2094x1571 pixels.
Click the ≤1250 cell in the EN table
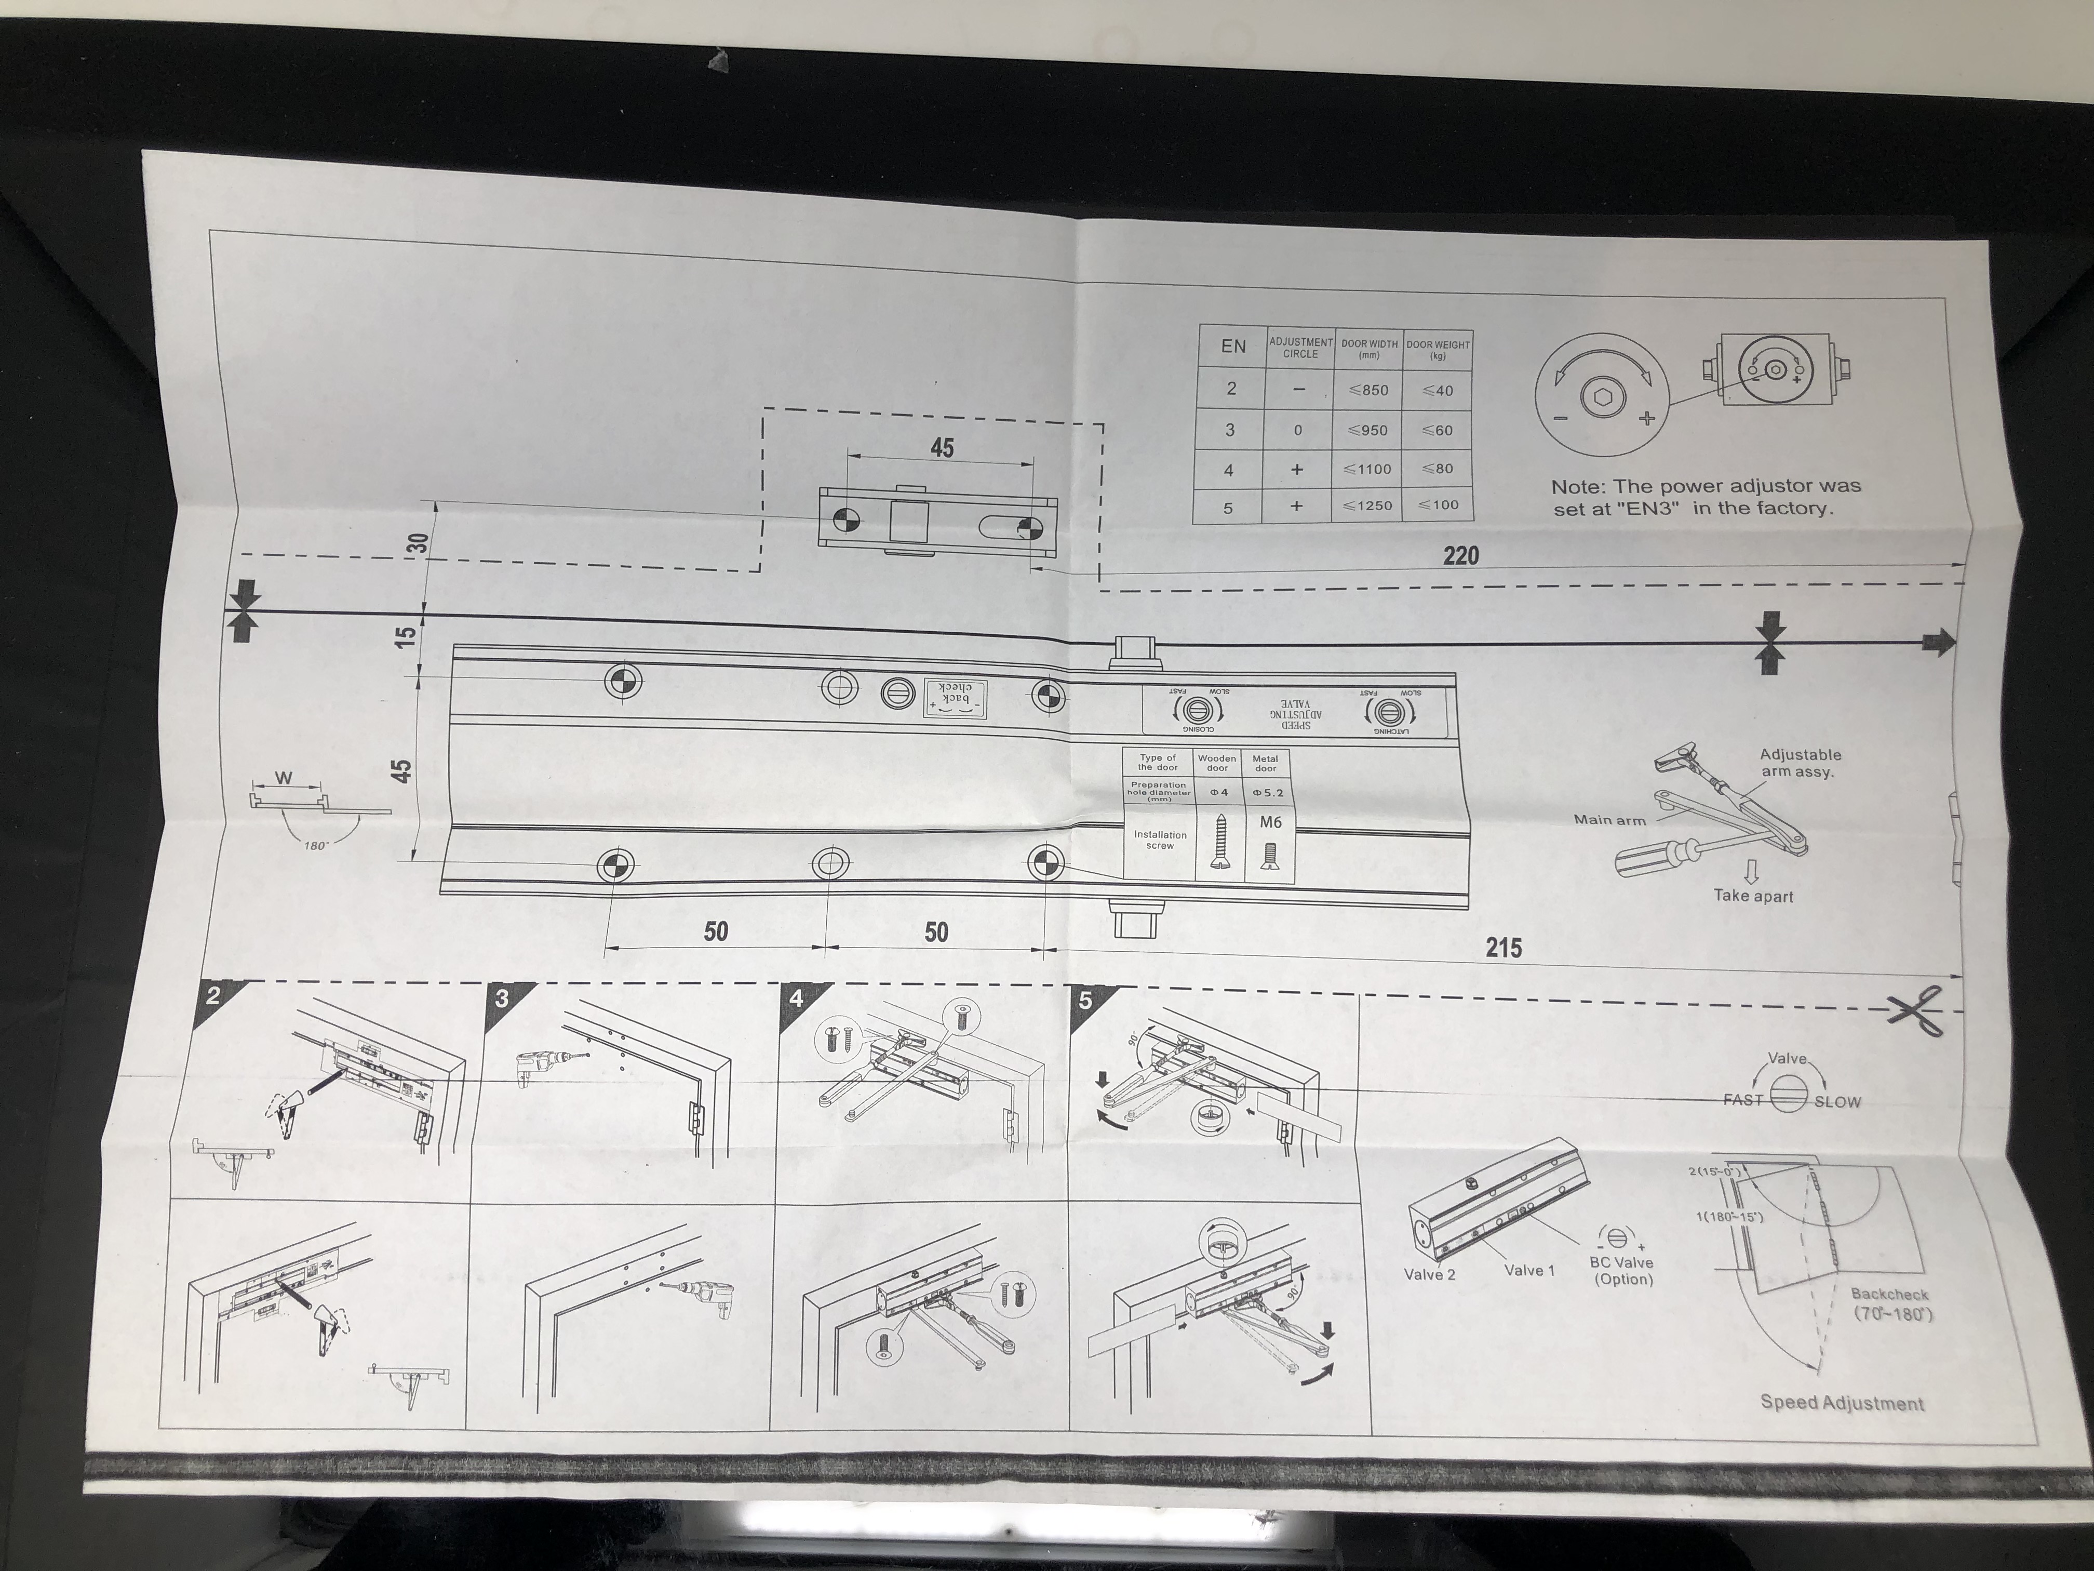(x=1368, y=505)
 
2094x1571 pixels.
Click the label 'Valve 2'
(x=1429, y=1274)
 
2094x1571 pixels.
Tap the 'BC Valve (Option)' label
(x=1621, y=1271)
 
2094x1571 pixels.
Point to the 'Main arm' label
(x=1609, y=820)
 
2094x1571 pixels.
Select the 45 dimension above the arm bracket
(x=942, y=447)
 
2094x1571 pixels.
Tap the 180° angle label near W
(x=315, y=846)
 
